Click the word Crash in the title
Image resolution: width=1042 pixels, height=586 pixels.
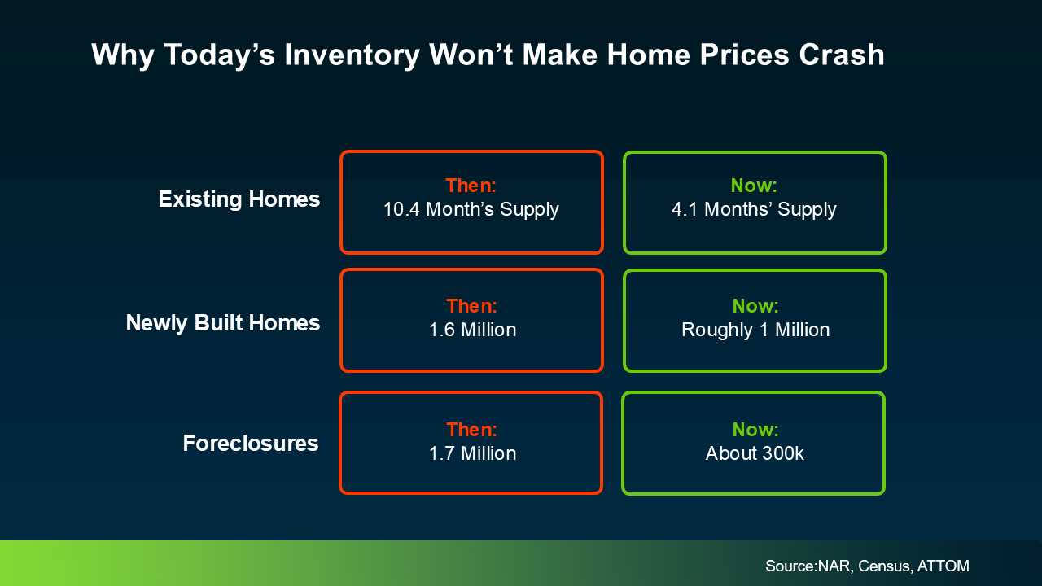[x=842, y=55]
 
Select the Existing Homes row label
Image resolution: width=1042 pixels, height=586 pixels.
[x=239, y=199]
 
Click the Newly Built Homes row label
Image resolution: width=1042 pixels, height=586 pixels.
[x=223, y=323]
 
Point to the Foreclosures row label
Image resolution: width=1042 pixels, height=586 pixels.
[x=251, y=444]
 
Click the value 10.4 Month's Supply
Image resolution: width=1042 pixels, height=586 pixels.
[x=471, y=209]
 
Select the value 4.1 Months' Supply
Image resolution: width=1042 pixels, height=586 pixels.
[x=754, y=209]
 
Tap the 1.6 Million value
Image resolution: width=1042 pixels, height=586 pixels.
[x=473, y=330]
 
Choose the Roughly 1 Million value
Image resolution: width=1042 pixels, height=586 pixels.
[x=755, y=330]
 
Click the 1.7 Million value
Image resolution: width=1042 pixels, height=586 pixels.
[x=473, y=453]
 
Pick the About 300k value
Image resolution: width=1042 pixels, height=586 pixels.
[x=755, y=453]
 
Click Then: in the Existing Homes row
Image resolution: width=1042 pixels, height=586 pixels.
[x=471, y=186]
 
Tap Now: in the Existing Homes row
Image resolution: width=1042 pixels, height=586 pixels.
[x=754, y=186]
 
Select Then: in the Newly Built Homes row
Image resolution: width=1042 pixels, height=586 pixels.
[x=471, y=306]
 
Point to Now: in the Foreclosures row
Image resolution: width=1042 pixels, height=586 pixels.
[x=755, y=430]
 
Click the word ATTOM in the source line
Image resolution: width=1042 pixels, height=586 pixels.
[x=943, y=566]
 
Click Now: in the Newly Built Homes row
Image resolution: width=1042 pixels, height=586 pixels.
[x=755, y=306]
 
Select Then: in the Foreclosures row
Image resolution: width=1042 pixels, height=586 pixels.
[x=471, y=430]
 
